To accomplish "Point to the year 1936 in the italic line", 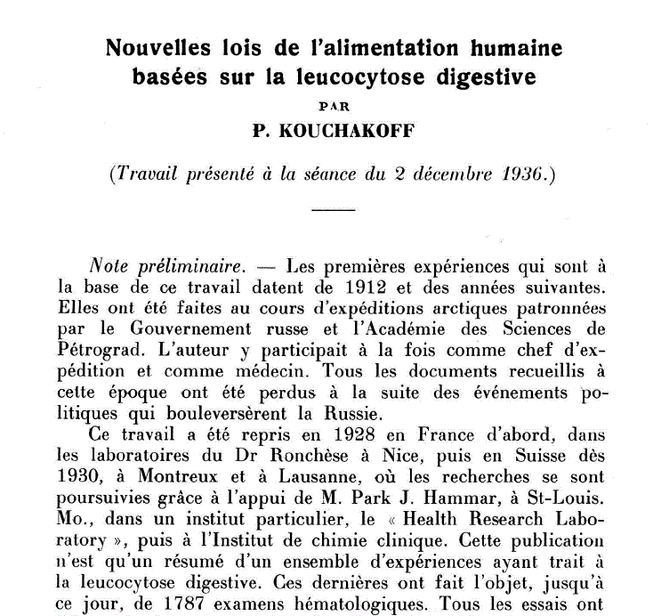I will (527, 174).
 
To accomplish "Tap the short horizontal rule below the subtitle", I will (334, 210).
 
